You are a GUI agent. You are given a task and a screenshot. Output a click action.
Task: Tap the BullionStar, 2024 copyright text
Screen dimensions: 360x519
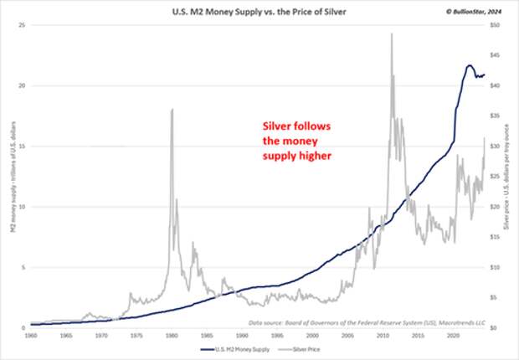pyautogui.click(x=474, y=10)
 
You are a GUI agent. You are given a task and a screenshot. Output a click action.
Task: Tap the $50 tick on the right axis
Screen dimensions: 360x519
pyautogui.click(x=496, y=25)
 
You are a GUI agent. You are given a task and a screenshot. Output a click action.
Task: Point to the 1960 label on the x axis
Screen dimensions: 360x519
pyautogui.click(x=31, y=335)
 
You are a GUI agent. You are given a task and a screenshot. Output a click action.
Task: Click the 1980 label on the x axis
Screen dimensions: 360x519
pyautogui.click(x=171, y=335)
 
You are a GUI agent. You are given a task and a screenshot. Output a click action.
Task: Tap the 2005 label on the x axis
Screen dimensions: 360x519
pyautogui.click(x=346, y=335)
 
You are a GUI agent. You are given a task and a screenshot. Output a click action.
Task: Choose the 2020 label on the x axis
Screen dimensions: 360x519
pyautogui.click(x=450, y=335)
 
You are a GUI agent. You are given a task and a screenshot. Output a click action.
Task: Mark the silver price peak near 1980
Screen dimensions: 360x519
pyautogui.click(x=172, y=110)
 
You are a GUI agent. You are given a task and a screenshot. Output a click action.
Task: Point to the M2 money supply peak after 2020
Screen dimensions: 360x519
pyautogui.click(x=469, y=65)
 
